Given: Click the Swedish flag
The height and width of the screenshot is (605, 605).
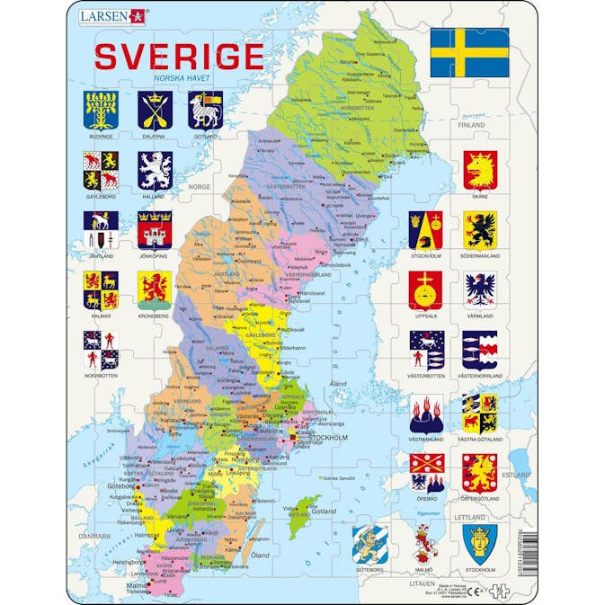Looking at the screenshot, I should click(x=469, y=53).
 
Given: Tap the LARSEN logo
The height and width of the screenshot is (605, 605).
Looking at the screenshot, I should click(x=112, y=15).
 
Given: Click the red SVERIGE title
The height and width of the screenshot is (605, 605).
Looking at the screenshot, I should click(x=179, y=56).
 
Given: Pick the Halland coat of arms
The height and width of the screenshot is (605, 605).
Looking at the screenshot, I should click(x=155, y=169).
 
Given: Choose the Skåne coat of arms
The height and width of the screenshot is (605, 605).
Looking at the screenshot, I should click(x=480, y=169).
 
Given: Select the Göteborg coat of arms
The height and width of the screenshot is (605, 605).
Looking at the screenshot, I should click(x=370, y=543).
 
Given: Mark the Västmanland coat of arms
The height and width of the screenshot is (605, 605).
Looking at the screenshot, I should click(x=425, y=414).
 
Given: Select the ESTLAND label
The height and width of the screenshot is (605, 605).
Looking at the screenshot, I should click(x=517, y=474).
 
